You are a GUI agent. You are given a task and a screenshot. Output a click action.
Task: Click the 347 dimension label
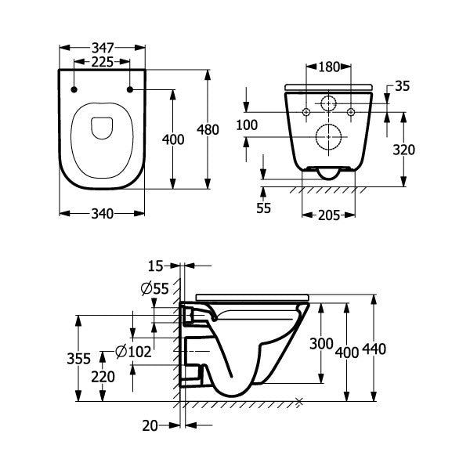pos(102,47)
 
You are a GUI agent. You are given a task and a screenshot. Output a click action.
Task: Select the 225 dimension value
pos(102,62)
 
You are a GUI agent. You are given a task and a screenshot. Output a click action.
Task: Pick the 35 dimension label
pos(403,86)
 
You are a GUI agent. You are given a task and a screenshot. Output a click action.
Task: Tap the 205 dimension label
pos(328,215)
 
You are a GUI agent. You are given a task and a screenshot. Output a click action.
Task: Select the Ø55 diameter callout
pos(155,288)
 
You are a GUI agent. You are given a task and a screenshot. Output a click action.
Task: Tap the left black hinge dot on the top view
pos(74,90)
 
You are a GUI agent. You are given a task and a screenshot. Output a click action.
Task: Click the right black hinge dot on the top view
pos(129,90)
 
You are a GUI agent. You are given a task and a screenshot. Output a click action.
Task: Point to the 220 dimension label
pos(103,376)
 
